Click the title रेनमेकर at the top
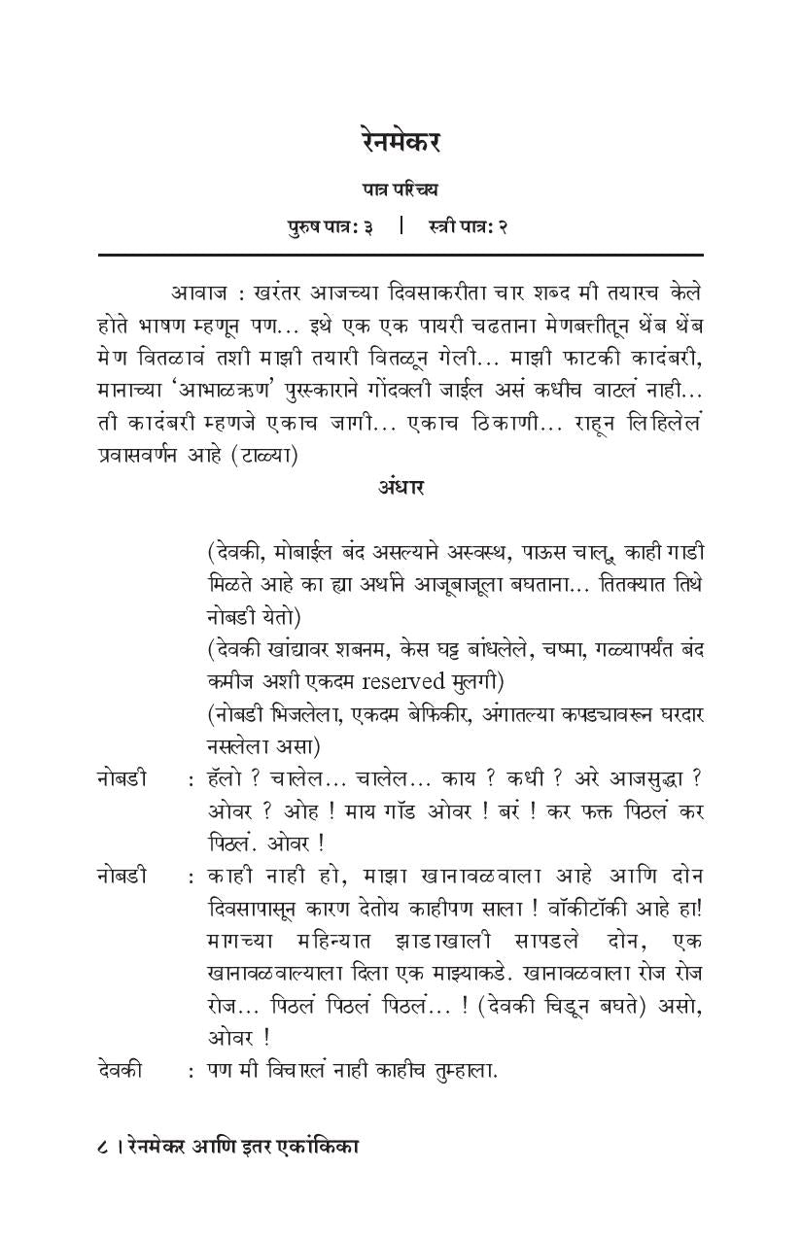[x=400, y=142]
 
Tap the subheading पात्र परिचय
[x=400, y=190]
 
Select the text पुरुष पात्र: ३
[x=330, y=227]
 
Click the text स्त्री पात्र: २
[x=468, y=227]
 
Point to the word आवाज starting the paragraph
[x=198, y=293]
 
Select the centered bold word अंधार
[x=401, y=487]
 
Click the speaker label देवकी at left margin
[x=120, y=1070]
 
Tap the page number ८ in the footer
[x=103, y=1147]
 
